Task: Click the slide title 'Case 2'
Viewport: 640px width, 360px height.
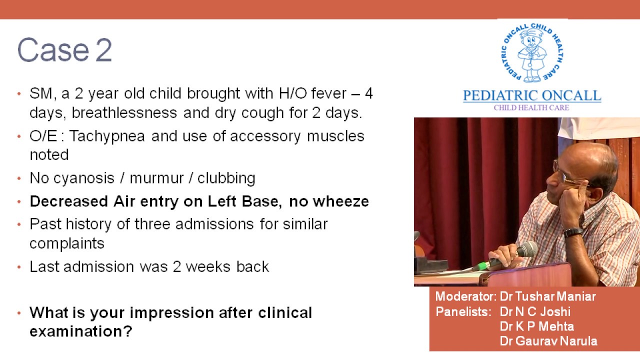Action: [x=64, y=50]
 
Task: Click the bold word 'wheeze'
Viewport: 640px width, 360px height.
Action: [x=340, y=201]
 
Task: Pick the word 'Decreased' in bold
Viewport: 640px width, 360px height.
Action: [x=61, y=201]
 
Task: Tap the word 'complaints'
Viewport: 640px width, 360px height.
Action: [x=67, y=243]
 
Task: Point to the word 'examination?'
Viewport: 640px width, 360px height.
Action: [x=80, y=331]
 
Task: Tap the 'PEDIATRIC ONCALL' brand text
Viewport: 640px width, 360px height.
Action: [x=531, y=95]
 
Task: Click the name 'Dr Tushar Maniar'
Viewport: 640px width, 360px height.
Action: [x=547, y=296]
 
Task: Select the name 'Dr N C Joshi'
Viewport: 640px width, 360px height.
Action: [x=535, y=311]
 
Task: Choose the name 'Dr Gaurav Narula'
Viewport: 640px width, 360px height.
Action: [x=548, y=341]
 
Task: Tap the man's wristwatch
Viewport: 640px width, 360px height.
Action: [x=573, y=232]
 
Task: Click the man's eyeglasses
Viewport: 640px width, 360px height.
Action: [x=565, y=175]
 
